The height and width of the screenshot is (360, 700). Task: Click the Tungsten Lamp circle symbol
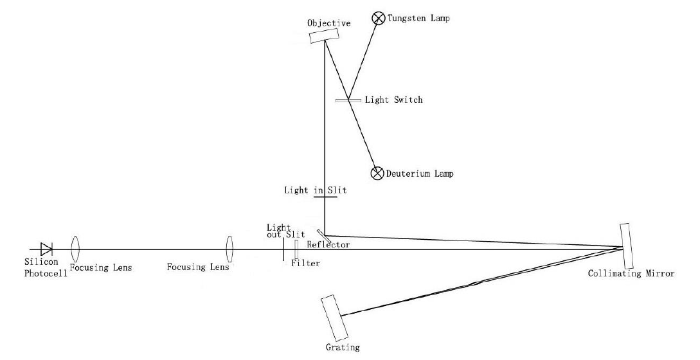379,19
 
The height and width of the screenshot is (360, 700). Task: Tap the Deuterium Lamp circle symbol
377,173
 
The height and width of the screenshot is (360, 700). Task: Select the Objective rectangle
319,36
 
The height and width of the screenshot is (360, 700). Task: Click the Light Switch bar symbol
348,100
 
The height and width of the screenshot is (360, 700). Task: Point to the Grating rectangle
334,316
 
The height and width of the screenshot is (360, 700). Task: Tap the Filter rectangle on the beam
296,249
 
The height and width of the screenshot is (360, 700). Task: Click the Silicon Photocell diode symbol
46,249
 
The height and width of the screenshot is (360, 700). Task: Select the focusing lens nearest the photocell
75,248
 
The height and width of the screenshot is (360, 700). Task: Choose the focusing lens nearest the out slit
228,248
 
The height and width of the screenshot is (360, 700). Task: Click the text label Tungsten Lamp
418,19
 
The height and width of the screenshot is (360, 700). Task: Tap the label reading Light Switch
393,100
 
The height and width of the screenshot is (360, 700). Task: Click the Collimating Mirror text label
631,274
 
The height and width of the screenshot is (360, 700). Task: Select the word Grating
343,348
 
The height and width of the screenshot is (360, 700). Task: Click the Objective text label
329,23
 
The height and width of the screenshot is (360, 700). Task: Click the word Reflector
328,245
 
